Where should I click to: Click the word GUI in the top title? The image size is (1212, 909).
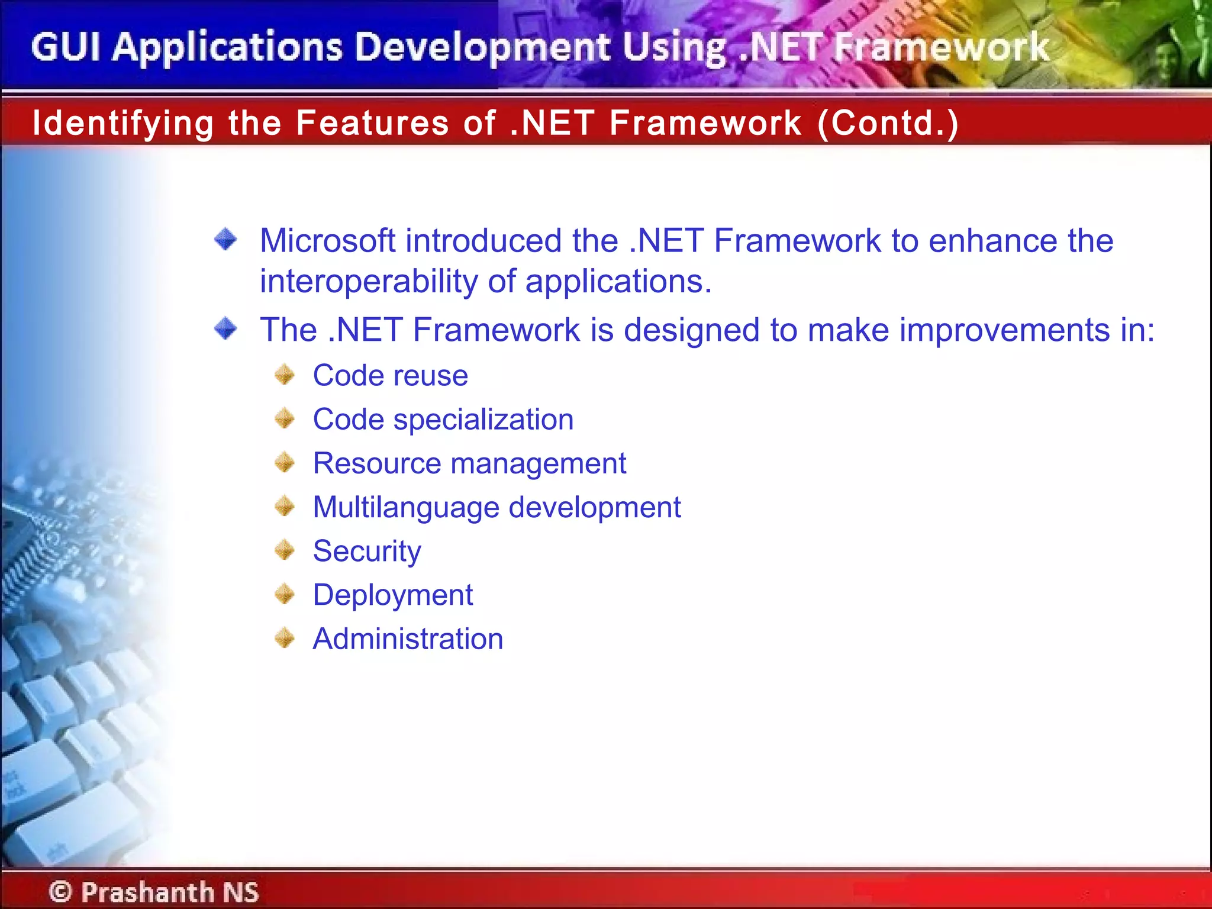65,47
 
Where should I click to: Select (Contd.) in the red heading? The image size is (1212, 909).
888,123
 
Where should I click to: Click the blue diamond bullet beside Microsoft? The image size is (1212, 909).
225,240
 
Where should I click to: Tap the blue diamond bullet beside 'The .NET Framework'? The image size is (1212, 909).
225,328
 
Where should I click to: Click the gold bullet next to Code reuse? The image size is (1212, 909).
285,375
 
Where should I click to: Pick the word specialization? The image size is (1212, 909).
483,420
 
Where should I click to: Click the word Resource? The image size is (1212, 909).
376,463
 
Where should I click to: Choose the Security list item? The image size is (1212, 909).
367,552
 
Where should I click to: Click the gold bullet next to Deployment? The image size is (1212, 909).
285,594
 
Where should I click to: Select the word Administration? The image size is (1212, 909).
408,639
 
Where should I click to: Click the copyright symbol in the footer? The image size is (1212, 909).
60,892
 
